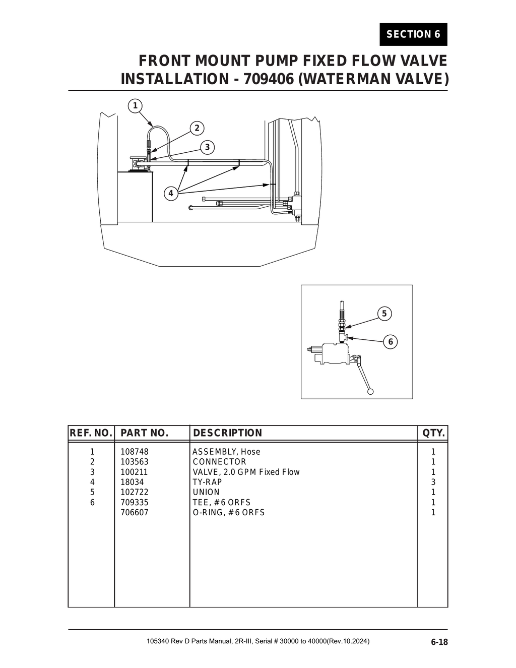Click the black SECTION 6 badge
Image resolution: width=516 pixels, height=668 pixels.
coord(413,34)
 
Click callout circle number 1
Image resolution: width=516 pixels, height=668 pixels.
coord(135,106)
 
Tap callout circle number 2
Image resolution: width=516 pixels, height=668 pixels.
coord(197,128)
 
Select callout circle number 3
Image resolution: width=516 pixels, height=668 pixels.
coord(207,147)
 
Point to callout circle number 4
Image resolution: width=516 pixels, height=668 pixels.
coord(171,193)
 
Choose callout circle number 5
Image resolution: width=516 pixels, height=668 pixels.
coord(384,314)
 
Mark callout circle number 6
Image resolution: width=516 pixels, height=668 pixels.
coord(390,342)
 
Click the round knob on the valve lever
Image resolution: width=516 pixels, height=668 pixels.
coord(371,391)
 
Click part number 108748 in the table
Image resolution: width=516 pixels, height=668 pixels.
coord(135,452)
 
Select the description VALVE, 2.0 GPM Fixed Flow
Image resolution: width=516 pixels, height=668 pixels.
coord(246,472)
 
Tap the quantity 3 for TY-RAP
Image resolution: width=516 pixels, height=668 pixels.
coord(433,482)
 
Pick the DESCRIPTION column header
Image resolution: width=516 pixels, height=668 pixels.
coord(227,433)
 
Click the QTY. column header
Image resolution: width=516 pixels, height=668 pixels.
coord(433,433)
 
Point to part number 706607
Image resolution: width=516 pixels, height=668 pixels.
coord(135,512)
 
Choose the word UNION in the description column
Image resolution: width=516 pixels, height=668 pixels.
coord(206,492)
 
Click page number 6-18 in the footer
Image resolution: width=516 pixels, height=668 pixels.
coord(439,642)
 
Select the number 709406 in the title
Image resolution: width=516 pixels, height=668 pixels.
coord(262,79)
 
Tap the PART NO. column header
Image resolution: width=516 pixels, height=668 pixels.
coord(144,433)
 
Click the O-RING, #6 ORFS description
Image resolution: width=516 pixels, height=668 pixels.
coord(228,512)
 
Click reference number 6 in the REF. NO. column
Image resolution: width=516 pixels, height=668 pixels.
coord(92,502)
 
